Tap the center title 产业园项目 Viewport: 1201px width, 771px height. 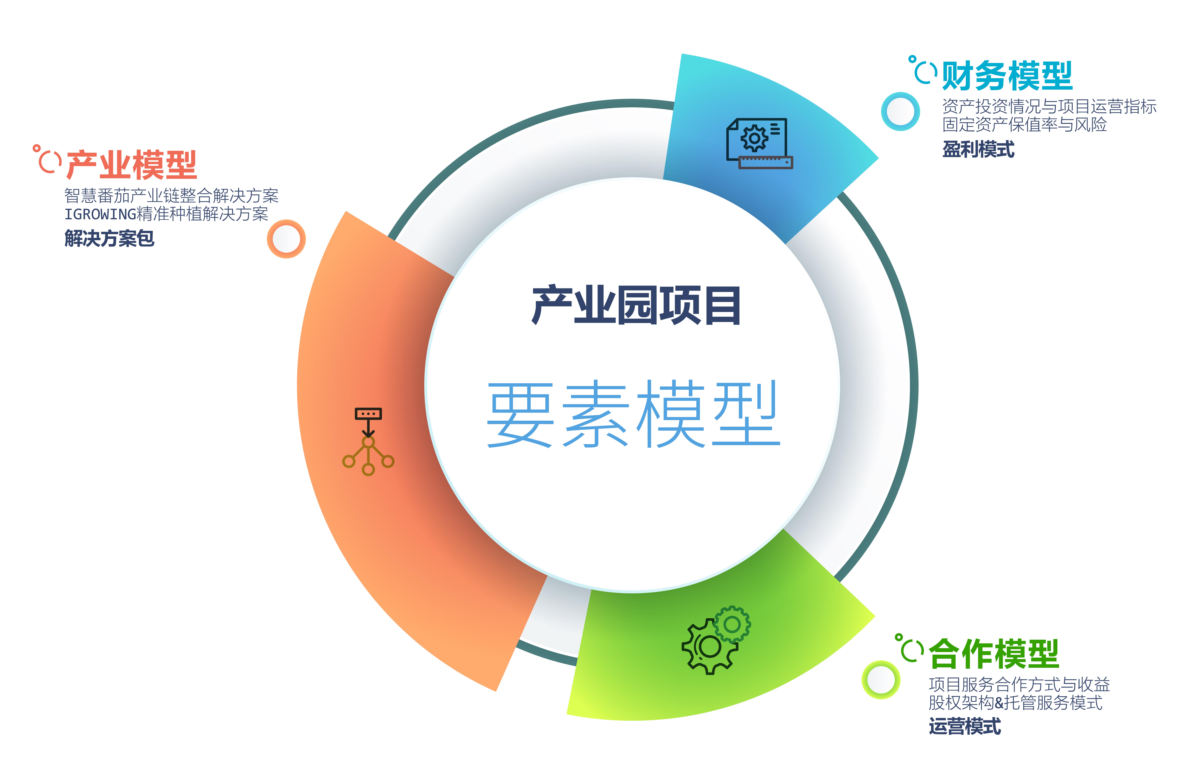tap(636, 305)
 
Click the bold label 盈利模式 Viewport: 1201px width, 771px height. tap(978, 149)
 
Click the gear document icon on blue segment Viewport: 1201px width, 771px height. tap(759, 143)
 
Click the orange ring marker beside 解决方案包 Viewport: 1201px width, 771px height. tap(286, 239)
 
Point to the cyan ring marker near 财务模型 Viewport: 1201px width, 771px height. tap(900, 112)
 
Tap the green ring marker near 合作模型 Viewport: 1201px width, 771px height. tap(881, 680)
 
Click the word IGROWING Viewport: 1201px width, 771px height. tap(100, 214)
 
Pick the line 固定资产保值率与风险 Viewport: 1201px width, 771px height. tap(1024, 124)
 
